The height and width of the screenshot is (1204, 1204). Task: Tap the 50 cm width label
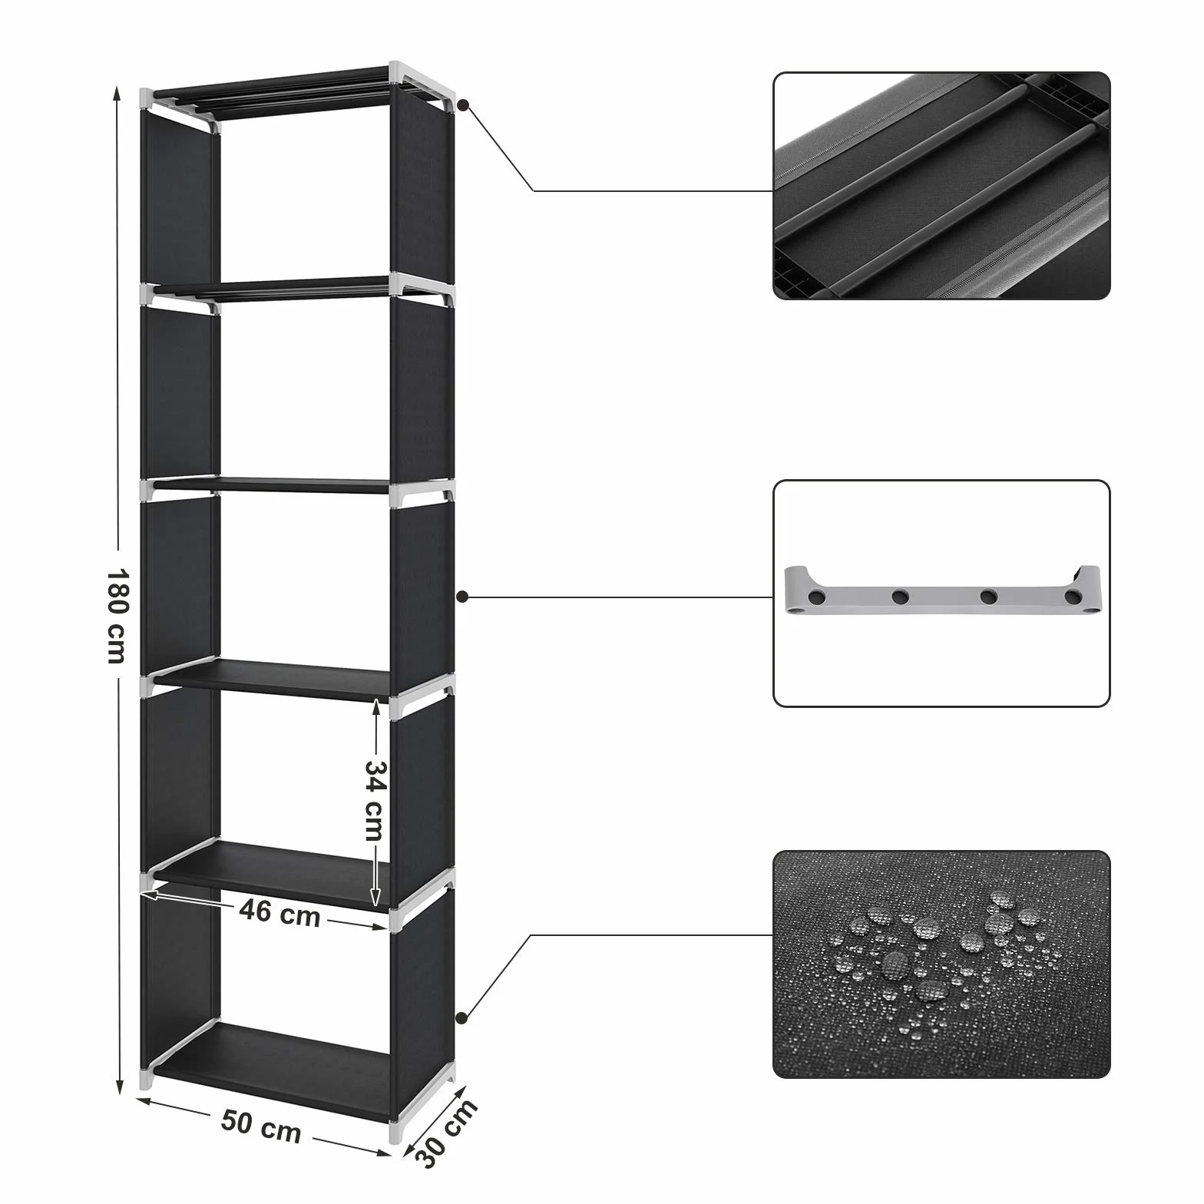click(261, 1127)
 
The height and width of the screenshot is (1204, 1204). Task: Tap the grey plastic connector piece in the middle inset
click(942, 590)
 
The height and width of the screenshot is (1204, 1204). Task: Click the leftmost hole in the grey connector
click(819, 596)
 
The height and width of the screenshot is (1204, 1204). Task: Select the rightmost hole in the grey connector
click(1072, 597)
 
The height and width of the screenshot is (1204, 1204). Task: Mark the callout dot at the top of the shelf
click(463, 104)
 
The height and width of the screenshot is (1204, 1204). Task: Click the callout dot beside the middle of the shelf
click(462, 597)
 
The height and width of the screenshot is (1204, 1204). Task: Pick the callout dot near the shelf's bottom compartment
click(461, 1018)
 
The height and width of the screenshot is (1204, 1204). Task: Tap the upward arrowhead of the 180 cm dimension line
click(117, 93)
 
